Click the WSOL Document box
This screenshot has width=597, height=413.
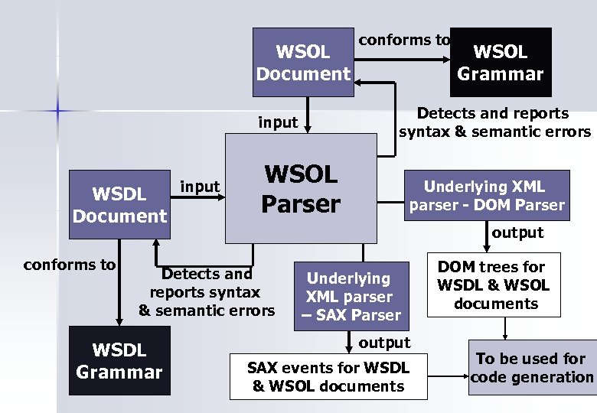[x=303, y=63]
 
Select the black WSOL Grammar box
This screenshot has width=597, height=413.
[x=501, y=63]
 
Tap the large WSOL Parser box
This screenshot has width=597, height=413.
[x=301, y=188]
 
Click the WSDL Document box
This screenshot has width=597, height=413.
[x=119, y=204]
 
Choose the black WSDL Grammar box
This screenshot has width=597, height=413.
[x=119, y=361]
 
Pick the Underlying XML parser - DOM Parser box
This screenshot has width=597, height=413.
[x=487, y=195]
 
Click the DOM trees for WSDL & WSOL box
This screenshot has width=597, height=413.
[x=494, y=285]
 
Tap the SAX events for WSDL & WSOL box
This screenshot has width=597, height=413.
[x=328, y=376]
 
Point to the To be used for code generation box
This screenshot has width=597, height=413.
[x=532, y=367]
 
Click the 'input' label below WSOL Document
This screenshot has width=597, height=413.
[x=278, y=122]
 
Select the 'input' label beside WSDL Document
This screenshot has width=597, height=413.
[x=200, y=186]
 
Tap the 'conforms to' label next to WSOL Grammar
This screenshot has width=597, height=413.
[x=404, y=39]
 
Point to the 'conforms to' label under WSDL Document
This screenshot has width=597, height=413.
[x=70, y=265]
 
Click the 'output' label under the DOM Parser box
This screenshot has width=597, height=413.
[x=517, y=233]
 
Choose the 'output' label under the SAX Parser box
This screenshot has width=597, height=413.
[x=384, y=342]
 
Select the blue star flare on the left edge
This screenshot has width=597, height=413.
[x=58, y=111]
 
